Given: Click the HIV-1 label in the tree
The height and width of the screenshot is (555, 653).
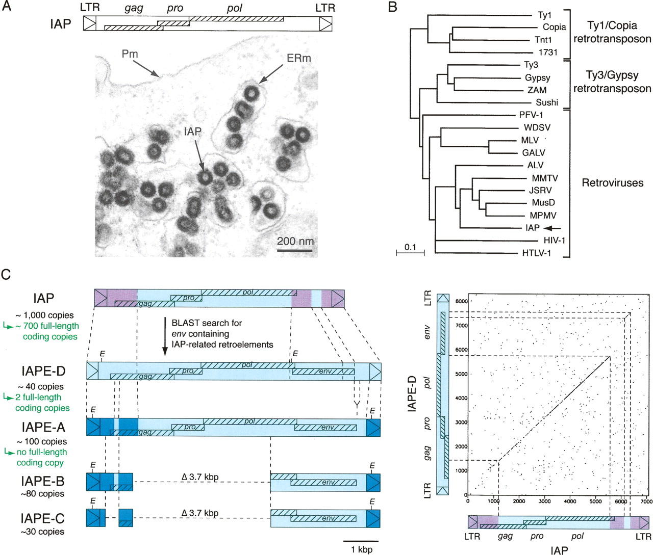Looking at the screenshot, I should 554,241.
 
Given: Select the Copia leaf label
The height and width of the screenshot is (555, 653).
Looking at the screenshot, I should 554,27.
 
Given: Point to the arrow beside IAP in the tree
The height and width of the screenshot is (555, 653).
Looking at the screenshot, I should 552,228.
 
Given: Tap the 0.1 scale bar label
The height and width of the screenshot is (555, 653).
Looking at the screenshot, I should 410,247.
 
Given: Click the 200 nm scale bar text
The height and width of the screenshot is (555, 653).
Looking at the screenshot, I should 295,241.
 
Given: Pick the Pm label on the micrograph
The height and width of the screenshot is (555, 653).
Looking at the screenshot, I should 130,54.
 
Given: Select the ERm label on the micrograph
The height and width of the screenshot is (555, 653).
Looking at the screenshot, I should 298,58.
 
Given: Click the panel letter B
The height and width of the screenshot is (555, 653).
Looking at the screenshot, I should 393,7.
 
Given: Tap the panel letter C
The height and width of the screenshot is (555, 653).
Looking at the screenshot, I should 6,275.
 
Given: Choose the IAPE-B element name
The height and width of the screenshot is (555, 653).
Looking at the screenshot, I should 43,482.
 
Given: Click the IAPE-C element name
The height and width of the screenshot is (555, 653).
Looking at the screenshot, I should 43,518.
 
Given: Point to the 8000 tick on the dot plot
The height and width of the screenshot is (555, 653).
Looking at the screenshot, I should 461,301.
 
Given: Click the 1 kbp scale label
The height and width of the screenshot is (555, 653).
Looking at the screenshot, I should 361,549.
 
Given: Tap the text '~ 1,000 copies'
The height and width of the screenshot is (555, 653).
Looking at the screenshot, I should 44,315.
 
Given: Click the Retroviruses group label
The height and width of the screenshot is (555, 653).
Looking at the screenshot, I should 612,183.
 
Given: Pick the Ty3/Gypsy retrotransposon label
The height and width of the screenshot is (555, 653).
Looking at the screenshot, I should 612,82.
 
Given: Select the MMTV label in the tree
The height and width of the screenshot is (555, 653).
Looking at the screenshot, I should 544,178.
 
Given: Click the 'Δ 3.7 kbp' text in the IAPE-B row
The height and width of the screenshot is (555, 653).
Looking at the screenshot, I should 200,477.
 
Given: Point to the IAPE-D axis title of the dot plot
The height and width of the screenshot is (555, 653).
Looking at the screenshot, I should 413,393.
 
